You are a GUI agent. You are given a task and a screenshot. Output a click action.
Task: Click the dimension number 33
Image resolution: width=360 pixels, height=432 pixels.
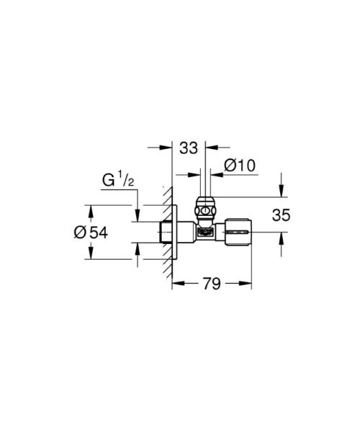pyautogui.click(x=189, y=149)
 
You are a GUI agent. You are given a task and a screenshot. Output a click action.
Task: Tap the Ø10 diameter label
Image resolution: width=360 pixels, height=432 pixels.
pyautogui.click(x=240, y=166)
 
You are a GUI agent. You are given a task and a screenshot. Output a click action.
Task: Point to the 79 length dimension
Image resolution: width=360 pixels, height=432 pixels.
pyautogui.click(x=211, y=283)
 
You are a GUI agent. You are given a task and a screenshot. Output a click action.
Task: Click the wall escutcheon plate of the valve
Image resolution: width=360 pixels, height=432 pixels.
pyautogui.click(x=175, y=232)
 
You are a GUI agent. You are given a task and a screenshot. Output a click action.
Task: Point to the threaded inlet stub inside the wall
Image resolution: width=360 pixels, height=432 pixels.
pyautogui.click(x=164, y=232)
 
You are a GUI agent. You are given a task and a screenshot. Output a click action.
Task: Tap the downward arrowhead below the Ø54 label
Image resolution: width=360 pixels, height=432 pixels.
pyautogui.click(x=90, y=254)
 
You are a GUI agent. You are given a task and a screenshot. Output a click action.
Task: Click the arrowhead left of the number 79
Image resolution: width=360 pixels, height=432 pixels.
pyautogui.click(x=176, y=283)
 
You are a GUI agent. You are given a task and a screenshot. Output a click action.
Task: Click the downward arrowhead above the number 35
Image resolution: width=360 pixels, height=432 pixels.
pyautogui.click(x=281, y=193)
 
